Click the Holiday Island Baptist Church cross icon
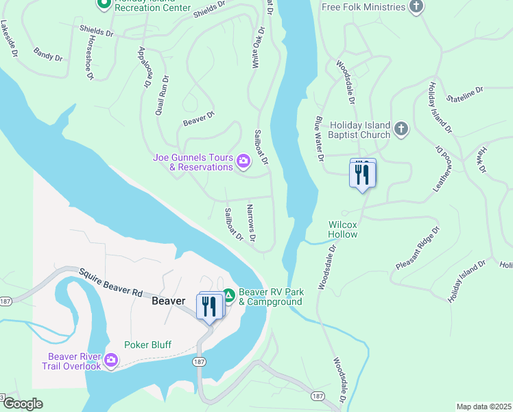tap(401, 128)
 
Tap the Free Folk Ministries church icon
tap(416, 7)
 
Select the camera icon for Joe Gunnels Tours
tap(243, 162)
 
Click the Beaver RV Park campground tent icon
tap(229, 296)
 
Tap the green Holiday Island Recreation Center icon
tap(104, 4)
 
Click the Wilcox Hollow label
tap(343, 229)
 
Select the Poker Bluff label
tap(147, 345)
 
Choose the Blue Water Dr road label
tap(319, 137)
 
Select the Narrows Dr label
tap(251, 223)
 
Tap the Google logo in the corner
tap(23, 404)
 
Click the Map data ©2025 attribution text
tap(484, 407)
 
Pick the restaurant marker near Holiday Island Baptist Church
tap(362, 174)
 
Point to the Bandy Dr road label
tap(47, 54)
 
